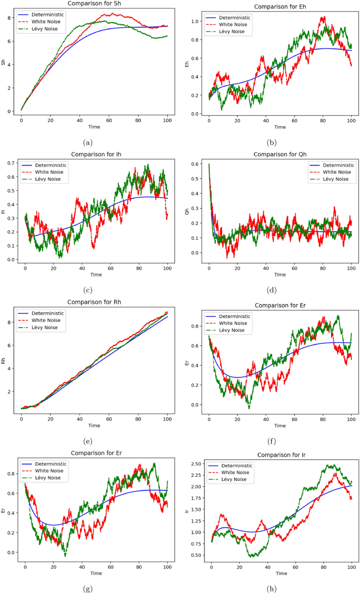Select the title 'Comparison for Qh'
pyautogui.click(x=280, y=154)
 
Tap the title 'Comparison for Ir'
pyautogui.click(x=281, y=455)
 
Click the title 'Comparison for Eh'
pyautogui.click(x=280, y=7)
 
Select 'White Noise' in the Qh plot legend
pyautogui.click(x=336, y=171)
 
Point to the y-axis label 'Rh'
pyautogui.click(x=4, y=361)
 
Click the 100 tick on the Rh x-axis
pyautogui.click(x=167, y=418)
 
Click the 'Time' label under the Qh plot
pyautogui.click(x=280, y=274)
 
